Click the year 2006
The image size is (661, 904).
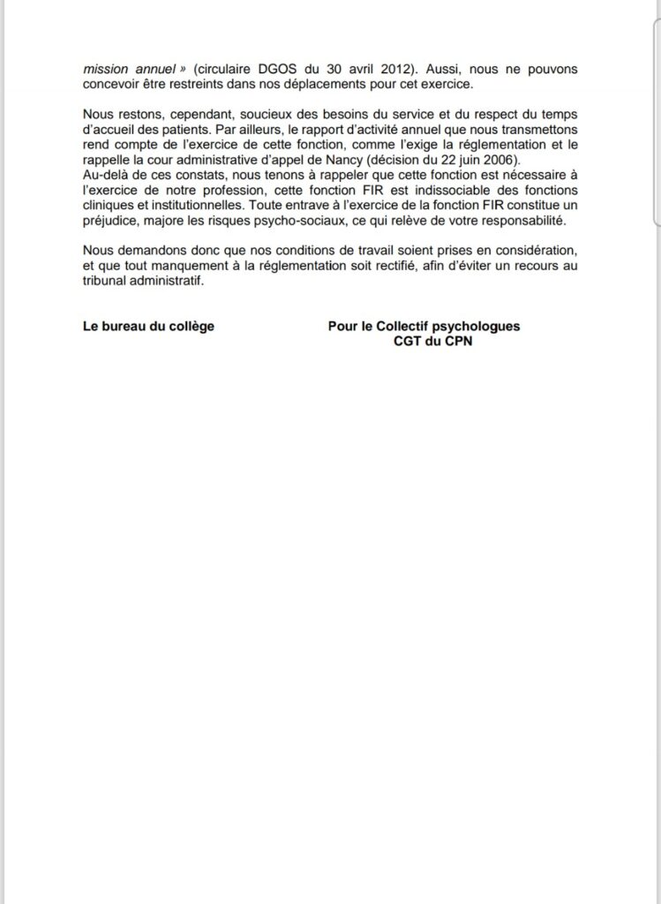501,159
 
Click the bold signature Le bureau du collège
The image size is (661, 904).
148,326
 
